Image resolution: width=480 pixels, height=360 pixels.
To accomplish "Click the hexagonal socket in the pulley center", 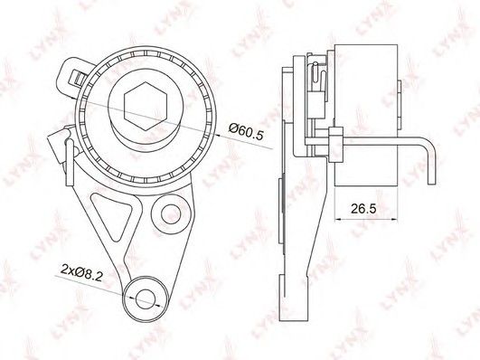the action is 146,107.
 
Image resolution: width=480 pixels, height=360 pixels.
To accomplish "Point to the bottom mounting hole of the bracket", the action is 146,299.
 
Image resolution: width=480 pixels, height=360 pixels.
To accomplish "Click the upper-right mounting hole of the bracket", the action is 171,213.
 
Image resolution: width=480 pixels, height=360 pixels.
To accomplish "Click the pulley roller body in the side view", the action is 366,115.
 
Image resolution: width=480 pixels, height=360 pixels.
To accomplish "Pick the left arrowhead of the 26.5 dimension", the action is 338,220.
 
